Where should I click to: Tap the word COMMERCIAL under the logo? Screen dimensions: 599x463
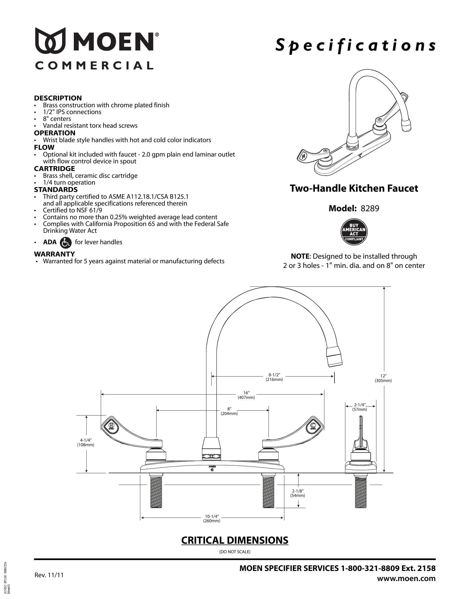click(x=94, y=66)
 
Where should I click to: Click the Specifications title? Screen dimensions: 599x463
click(x=355, y=45)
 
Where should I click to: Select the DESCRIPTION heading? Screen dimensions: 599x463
click(x=58, y=98)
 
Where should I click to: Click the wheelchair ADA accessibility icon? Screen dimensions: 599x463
click(x=65, y=242)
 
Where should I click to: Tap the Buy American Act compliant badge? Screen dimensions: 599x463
click(x=354, y=232)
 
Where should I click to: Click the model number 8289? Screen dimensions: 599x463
click(x=370, y=209)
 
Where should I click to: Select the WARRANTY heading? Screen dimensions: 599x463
click(x=54, y=254)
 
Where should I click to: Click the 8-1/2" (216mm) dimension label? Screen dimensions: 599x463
click(x=274, y=377)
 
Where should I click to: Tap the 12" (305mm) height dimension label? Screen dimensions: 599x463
click(x=383, y=378)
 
